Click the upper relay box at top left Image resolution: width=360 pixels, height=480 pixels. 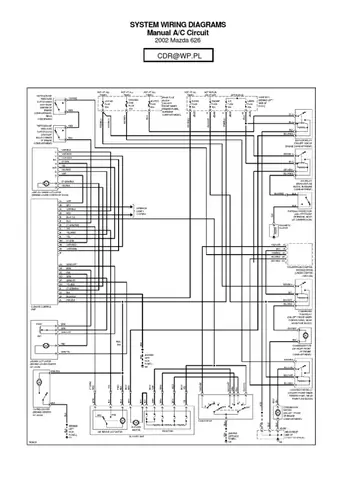(x=63, y=104)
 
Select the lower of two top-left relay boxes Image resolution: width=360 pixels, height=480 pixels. (x=63, y=131)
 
